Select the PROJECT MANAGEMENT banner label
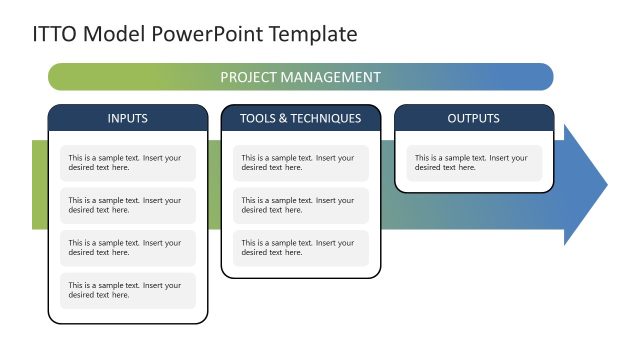pyautogui.click(x=300, y=77)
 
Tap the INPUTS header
pyautogui.click(x=127, y=119)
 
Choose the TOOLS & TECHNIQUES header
pyautogui.click(x=300, y=119)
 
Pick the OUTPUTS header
pyautogui.click(x=473, y=119)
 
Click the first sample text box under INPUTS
pyautogui.click(x=127, y=163)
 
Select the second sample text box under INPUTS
pyautogui.click(x=127, y=205)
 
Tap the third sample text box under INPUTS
pyautogui.click(x=127, y=248)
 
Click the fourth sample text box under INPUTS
pyautogui.click(x=127, y=290)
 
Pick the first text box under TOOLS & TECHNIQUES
pyautogui.click(x=300, y=163)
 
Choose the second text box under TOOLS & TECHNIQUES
pyautogui.click(x=300, y=205)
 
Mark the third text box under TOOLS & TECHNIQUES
pyautogui.click(x=300, y=248)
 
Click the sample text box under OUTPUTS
pyautogui.click(x=473, y=163)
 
